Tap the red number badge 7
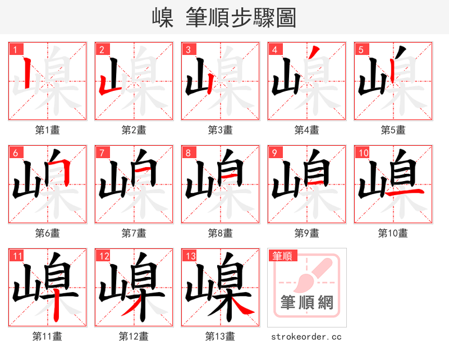tap(102, 153)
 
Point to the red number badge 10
tap(363, 153)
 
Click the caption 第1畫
tap(47, 130)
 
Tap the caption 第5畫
tap(393, 130)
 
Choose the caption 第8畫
tap(220, 233)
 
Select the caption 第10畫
tap(393, 233)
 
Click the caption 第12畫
tap(134, 336)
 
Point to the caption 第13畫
tap(220, 336)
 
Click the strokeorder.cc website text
tap(306, 337)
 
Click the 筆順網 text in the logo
tap(306, 303)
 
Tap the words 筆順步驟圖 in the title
tap(240, 18)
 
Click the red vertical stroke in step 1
tap(29, 75)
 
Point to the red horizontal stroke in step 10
tap(404, 193)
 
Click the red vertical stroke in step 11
tap(57, 306)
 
